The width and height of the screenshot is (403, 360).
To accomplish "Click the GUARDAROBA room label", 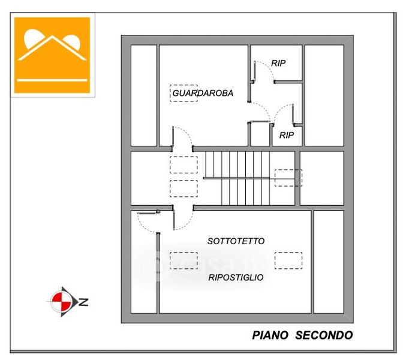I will coord(202,94).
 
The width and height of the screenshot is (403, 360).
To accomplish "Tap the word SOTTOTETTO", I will coord(236,241).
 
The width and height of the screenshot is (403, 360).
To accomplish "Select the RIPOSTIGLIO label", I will coord(236,277).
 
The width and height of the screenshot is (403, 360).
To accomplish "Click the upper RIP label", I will coord(278,62).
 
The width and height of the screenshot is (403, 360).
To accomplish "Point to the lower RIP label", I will coord(287,135).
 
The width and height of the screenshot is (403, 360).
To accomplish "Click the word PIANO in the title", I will coord(270,335).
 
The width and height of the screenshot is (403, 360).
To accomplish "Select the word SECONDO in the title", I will coord(324,335).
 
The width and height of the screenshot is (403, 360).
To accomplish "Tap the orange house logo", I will coord(52,55).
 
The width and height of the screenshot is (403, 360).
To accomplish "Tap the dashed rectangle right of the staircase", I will coord(288,178).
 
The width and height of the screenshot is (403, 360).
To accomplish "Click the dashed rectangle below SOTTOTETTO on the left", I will coord(184,260).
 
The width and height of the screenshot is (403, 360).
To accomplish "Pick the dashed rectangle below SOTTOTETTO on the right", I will coord(288,260).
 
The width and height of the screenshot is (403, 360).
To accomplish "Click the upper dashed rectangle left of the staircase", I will coord(184,164).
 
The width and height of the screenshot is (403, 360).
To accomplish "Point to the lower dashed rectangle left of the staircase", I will coord(184,188).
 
